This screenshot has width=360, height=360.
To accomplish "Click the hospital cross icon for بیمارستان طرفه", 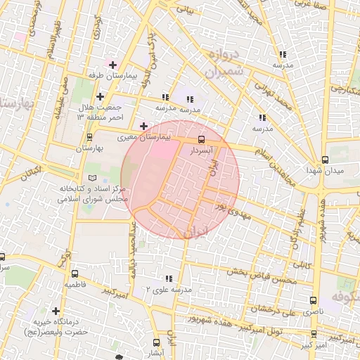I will (112, 65).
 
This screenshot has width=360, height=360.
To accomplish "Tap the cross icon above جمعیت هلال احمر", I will (101, 96).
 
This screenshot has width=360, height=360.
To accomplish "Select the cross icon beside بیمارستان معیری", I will (144, 127).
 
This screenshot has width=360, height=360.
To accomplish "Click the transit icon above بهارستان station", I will (89, 138).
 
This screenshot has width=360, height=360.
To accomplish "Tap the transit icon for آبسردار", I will (202, 139).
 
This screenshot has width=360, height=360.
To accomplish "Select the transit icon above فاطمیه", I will (75, 274).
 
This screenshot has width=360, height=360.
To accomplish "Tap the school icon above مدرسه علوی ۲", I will (167, 278).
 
